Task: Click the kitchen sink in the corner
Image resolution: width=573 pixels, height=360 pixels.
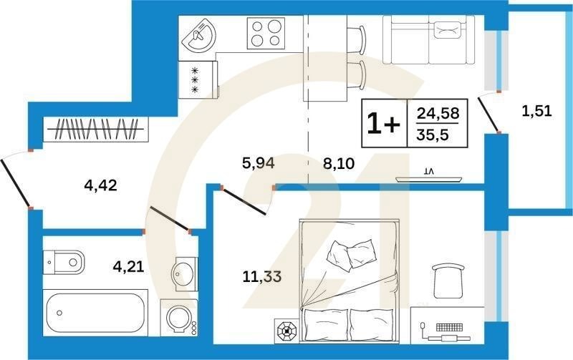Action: click(198, 34)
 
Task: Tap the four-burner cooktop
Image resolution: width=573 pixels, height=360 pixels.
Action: click(266, 33)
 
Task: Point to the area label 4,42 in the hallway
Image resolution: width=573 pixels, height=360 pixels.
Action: click(100, 187)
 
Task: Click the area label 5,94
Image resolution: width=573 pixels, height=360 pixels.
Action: click(259, 162)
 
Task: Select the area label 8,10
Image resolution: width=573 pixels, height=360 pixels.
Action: click(340, 162)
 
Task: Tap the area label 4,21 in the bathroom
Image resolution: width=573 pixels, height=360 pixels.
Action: click(129, 268)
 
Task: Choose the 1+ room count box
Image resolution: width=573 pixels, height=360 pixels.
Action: click(384, 124)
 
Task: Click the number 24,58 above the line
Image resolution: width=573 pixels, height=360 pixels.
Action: click(437, 112)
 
